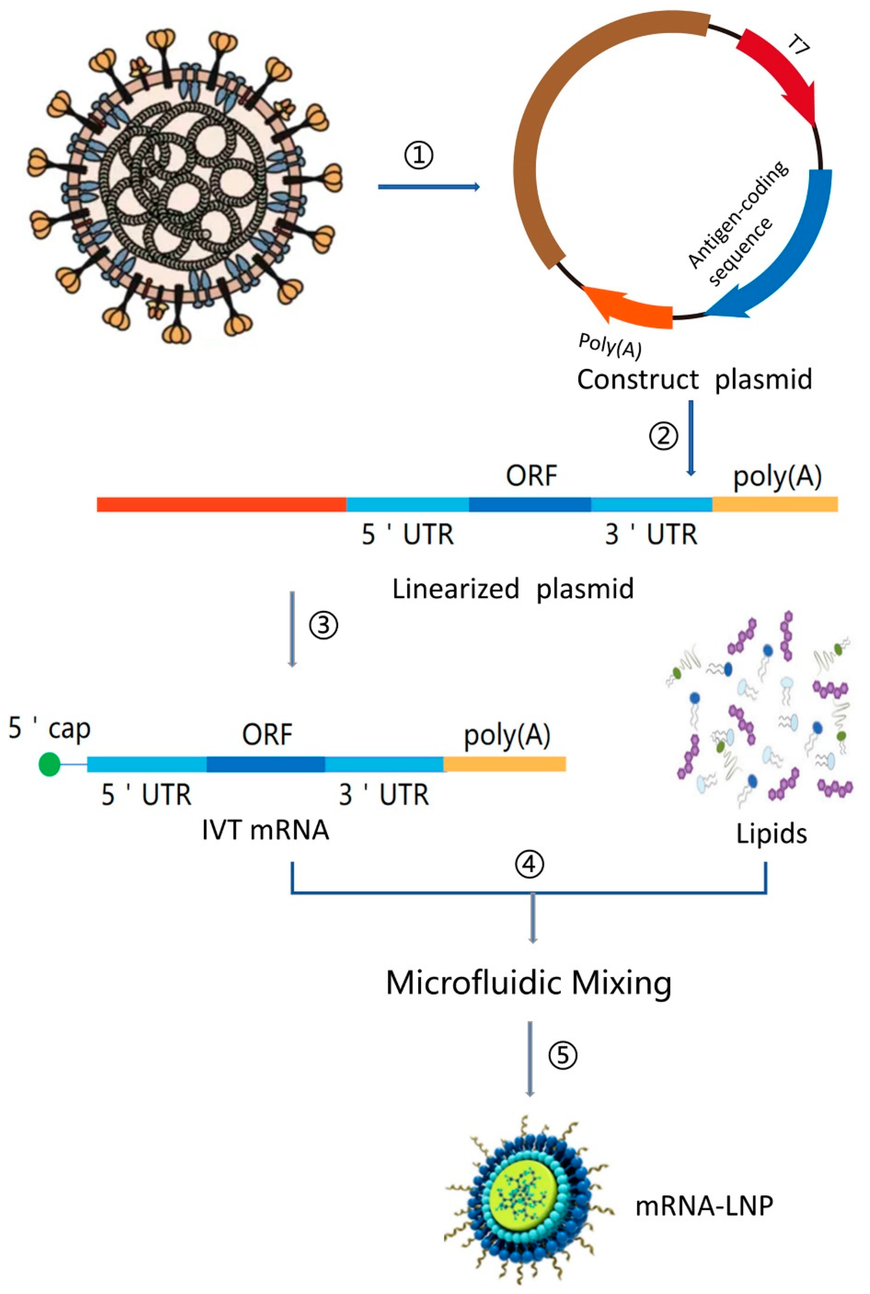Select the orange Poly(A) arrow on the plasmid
pos(632,311)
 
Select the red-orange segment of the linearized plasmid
pos(222,504)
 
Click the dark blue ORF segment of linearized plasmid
pos(530,504)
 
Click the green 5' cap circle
pos(49,764)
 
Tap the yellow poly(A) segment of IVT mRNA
pos(504,764)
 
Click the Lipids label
pos(771,834)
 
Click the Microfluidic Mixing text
pos(529,983)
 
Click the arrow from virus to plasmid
pos(428,187)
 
